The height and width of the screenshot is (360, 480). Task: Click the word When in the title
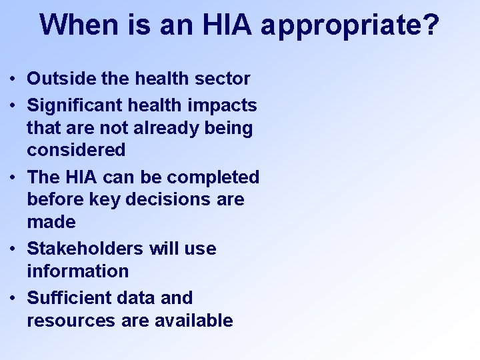pos(79,25)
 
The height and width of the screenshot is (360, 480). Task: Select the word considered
pos(76,150)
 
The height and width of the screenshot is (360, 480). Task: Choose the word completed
pos(213,177)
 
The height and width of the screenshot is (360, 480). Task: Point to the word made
pos(51,222)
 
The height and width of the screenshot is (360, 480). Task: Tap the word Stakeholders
pos(85,249)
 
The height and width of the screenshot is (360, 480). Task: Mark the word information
pos(77,271)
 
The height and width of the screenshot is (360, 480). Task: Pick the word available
pos(193,321)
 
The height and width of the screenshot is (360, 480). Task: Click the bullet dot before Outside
pos(13,79)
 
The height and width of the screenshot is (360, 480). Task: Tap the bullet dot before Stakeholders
pos(13,249)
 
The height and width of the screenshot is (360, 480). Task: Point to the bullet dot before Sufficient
pos(13,299)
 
